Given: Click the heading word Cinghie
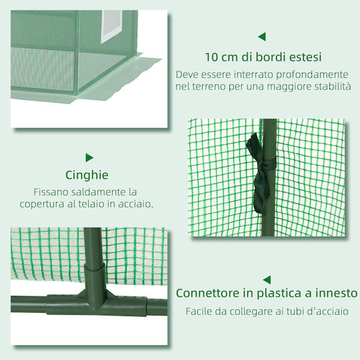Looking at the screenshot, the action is pos(87,175).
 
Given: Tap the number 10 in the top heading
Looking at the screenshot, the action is pos(211,57).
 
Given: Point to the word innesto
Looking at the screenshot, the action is pos(337,293).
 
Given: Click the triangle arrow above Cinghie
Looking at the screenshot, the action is pos(89,158).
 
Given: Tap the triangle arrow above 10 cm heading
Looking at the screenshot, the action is pos(262,37).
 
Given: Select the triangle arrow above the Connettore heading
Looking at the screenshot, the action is pos(267,280).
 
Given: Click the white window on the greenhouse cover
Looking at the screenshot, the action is pos(111,27).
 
